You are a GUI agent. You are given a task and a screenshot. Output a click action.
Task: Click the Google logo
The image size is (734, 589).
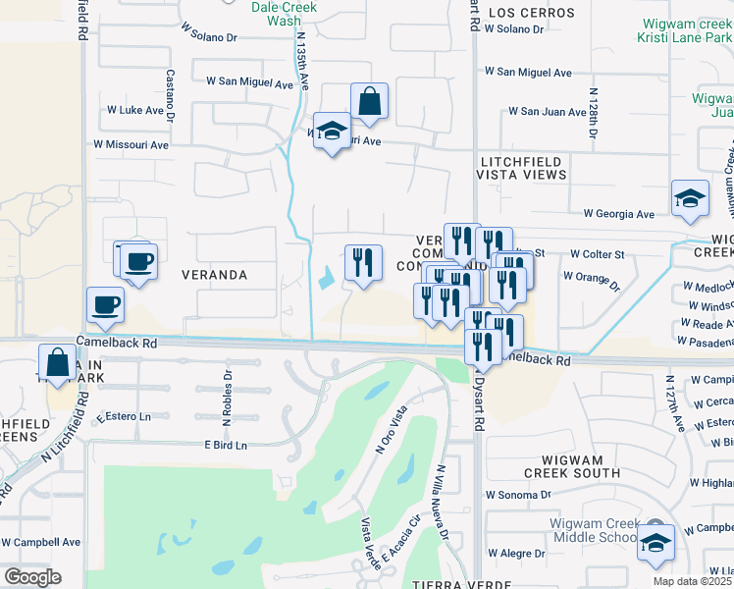click(31, 577)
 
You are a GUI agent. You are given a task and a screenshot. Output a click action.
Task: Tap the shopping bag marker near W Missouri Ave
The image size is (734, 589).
click(369, 101)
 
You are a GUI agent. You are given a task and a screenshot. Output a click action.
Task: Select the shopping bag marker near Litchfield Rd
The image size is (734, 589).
click(58, 362)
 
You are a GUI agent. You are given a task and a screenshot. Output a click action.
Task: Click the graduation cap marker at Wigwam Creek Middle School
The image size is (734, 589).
click(655, 543)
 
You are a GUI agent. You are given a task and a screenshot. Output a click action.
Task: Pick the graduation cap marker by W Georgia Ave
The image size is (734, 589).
click(690, 198)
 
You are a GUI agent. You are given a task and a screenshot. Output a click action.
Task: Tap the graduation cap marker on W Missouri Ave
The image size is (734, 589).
click(333, 131)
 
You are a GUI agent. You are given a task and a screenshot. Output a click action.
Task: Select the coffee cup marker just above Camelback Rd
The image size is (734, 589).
click(106, 304)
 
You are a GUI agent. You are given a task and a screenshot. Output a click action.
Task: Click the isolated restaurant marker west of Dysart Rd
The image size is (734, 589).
click(363, 262)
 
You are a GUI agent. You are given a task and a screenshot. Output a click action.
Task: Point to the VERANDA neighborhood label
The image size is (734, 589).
click(214, 275)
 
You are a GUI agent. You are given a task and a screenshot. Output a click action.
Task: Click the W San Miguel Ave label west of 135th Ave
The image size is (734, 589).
click(249, 83)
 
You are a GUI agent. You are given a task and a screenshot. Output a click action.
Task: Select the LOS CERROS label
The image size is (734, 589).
click(530, 13)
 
